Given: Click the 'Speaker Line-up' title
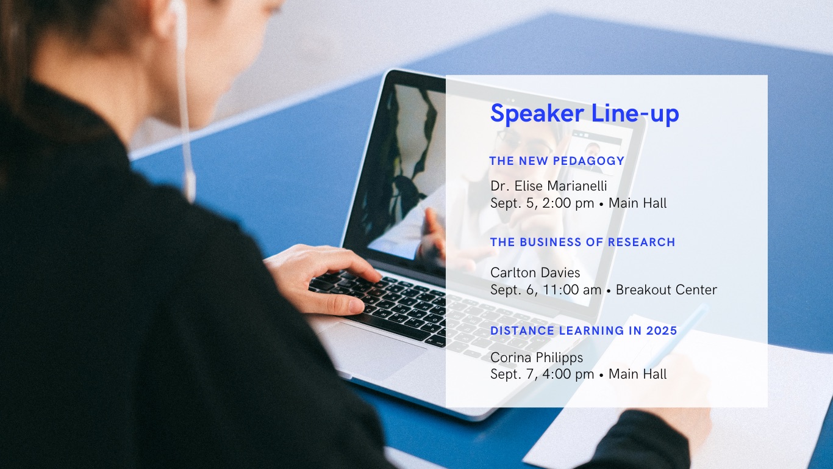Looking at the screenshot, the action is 585,114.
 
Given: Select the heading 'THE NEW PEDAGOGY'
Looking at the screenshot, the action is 557,161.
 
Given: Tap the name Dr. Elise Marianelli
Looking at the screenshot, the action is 548,186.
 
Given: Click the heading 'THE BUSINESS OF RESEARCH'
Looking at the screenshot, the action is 583,242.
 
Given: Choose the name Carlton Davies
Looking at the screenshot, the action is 535,272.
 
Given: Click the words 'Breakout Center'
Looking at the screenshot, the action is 667,289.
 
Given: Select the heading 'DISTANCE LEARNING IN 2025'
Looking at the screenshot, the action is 584,330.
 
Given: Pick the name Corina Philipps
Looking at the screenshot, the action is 537,358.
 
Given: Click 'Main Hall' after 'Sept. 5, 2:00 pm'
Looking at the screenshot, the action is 637,203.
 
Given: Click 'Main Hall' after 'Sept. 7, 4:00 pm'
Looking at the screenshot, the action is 637,374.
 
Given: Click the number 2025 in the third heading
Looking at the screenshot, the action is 662,330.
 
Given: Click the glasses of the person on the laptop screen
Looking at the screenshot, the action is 524,142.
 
